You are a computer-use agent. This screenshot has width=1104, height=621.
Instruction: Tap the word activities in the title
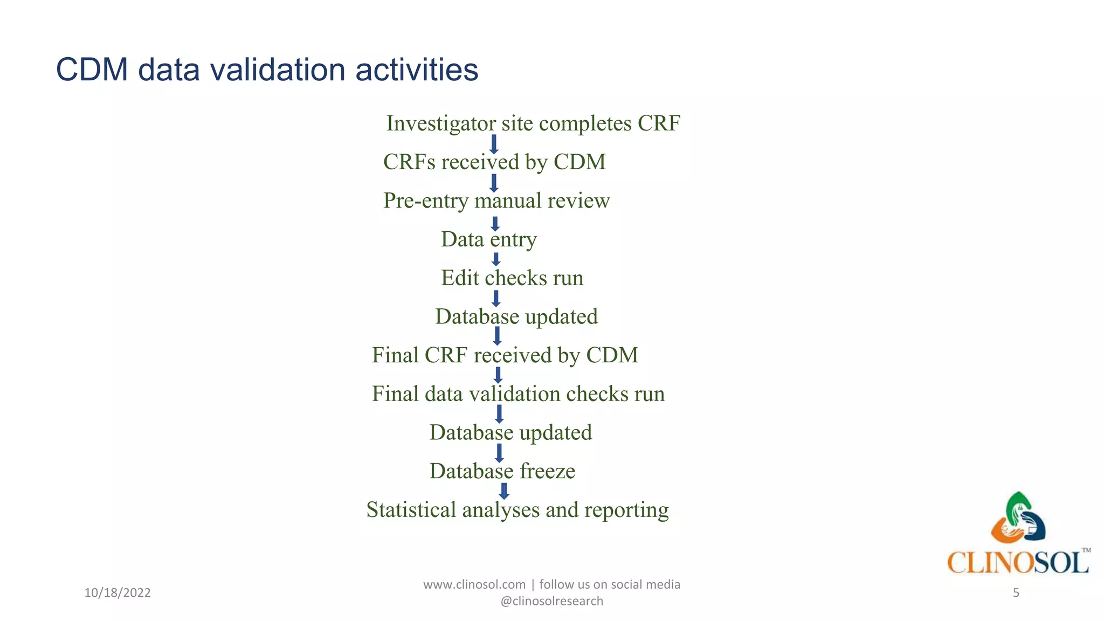(416, 70)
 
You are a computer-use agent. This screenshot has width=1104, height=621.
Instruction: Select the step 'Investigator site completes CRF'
(533, 123)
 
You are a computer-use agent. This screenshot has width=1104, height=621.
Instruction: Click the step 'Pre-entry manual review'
(496, 201)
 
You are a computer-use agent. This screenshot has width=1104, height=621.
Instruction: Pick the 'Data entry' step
(488, 239)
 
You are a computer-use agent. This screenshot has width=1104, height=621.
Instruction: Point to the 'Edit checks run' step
(512, 278)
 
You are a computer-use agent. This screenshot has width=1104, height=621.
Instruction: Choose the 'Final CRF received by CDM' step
(505, 355)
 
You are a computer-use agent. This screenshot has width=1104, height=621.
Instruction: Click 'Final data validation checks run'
(518, 394)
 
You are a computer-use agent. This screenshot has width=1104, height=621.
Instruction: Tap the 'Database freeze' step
(502, 471)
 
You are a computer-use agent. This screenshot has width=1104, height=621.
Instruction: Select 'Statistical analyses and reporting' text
(517, 510)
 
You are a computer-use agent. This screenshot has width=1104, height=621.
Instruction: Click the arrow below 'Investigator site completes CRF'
(493, 144)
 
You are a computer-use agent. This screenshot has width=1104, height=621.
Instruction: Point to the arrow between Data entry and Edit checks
(496, 259)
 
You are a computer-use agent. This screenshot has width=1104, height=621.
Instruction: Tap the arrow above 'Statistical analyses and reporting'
(504, 491)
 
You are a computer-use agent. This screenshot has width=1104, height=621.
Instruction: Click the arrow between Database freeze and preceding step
(499, 452)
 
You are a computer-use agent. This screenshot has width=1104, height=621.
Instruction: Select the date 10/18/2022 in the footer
(118, 593)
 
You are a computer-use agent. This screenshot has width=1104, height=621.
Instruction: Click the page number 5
(1016, 593)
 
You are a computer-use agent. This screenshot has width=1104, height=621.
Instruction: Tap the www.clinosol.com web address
(474, 584)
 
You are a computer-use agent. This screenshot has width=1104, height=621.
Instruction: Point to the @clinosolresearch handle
(551, 601)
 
